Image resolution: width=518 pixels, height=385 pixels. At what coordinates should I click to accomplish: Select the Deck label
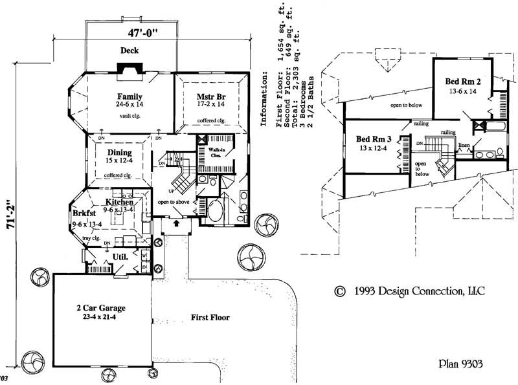tap(131, 50)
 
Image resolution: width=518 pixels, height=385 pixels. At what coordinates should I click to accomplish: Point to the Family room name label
tap(129, 97)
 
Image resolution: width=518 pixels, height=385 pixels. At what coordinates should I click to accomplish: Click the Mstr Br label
tap(210, 97)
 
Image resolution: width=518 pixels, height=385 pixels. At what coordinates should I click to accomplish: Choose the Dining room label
tap(120, 153)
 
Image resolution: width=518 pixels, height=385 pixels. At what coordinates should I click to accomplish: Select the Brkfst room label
tap(84, 213)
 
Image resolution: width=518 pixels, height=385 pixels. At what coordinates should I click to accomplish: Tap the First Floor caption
tap(210, 318)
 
